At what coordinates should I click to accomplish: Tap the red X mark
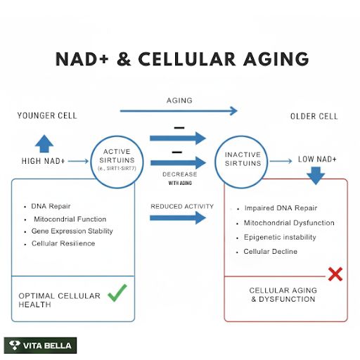(x=335, y=274)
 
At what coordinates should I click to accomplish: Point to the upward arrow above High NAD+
(x=44, y=143)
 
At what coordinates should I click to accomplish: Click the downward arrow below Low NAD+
(x=316, y=176)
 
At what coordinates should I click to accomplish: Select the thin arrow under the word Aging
(x=179, y=111)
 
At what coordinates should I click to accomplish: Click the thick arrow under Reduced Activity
(x=178, y=218)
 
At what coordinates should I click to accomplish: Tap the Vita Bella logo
(x=40, y=345)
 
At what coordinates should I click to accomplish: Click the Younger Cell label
(x=47, y=115)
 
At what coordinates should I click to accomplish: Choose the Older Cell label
(x=314, y=116)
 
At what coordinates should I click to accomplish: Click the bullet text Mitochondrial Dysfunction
(x=289, y=223)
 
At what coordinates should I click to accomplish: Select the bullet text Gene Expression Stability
(x=72, y=231)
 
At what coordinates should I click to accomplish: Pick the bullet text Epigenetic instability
(x=280, y=237)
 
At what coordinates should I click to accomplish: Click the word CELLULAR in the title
(x=187, y=59)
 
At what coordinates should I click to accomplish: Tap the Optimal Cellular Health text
(x=59, y=300)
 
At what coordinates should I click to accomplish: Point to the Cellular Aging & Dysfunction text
(x=283, y=295)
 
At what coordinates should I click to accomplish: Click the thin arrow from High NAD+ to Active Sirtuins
(x=78, y=161)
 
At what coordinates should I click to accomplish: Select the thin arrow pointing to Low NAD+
(x=281, y=161)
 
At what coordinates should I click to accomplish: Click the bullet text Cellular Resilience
(x=63, y=243)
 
